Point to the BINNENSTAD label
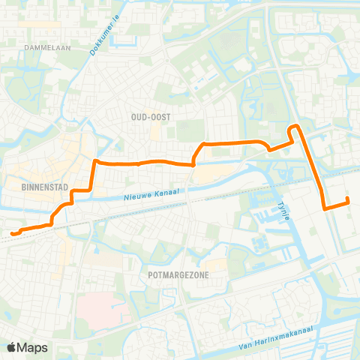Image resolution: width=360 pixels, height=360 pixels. (26, 182)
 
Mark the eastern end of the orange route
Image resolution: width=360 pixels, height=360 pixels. (348, 199)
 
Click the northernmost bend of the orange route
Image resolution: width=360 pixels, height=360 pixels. (295, 126)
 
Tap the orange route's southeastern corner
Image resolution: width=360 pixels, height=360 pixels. (323, 209)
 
